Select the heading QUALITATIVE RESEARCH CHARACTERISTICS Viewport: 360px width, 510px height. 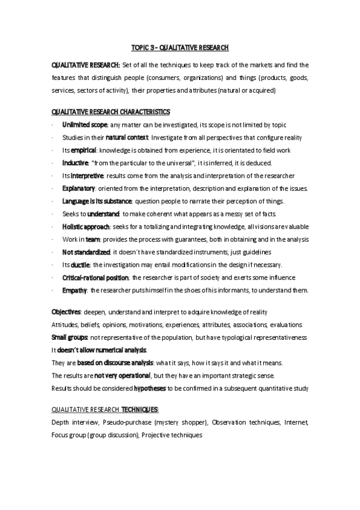pyautogui.click(x=111, y=112)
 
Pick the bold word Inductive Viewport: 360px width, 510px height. pyautogui.click(x=75, y=162)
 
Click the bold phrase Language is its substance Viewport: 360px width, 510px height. pyautogui.click(x=98, y=201)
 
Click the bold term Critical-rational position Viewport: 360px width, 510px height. pyautogui.click(x=96, y=277)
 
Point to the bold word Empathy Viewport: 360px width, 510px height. pyautogui.click(x=75, y=290)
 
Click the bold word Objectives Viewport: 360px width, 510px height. pyautogui.click(x=66, y=313)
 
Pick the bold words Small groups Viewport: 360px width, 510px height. pyautogui.click(x=70, y=337)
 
